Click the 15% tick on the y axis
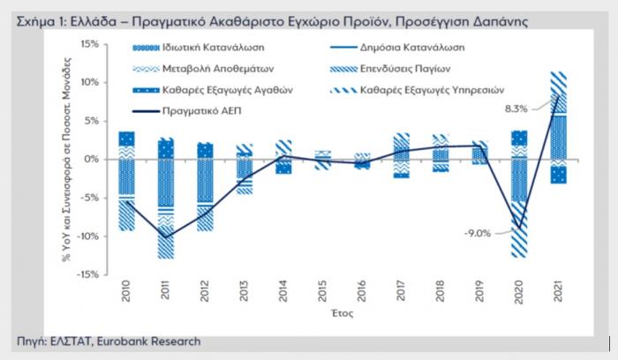(88, 43)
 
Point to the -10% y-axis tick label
(87, 236)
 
